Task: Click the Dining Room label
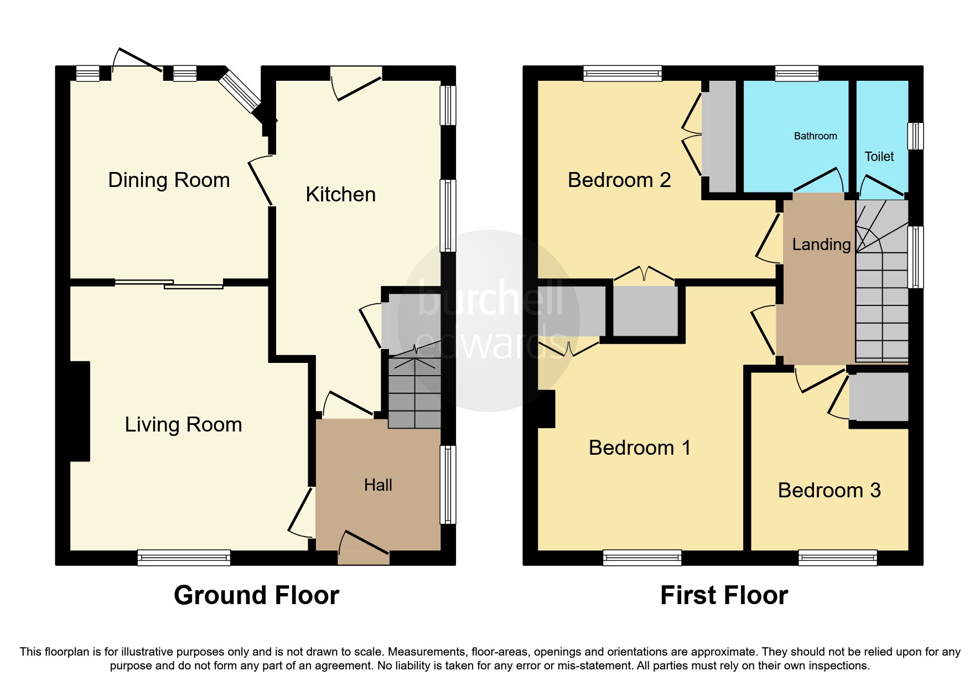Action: tap(169, 180)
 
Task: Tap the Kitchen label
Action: tap(340, 195)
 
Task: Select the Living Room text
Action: tap(183, 425)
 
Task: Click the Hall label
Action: tap(378, 485)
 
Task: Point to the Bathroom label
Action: tap(815, 136)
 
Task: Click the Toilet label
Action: tap(879, 157)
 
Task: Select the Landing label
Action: tap(821, 245)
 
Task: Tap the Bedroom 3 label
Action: tap(829, 491)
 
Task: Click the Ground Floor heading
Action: tap(256, 596)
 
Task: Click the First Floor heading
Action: tap(724, 596)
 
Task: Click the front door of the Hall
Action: tap(364, 556)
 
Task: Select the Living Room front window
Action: tap(184, 558)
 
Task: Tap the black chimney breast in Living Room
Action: tap(80, 411)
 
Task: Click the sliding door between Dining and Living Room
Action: tap(169, 284)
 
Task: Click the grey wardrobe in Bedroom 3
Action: tap(879, 397)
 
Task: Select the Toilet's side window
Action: tap(916, 136)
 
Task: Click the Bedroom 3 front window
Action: tap(837, 558)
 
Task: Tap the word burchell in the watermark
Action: tap(490, 299)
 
